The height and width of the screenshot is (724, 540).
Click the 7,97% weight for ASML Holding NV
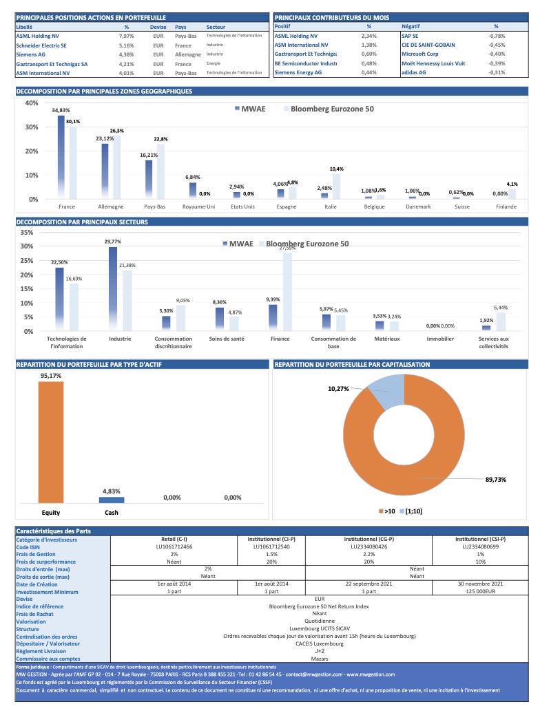(x=126, y=36)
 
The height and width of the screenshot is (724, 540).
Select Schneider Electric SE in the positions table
(x=41, y=45)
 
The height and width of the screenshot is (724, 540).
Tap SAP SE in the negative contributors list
(x=410, y=36)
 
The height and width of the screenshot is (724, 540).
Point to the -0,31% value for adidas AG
(x=497, y=72)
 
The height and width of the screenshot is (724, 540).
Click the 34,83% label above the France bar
(x=61, y=110)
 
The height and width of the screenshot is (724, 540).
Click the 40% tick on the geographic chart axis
(x=32, y=103)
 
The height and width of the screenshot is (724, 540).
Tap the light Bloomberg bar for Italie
(x=336, y=186)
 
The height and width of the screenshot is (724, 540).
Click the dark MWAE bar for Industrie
(x=113, y=289)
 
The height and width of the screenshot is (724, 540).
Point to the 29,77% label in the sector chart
(x=112, y=242)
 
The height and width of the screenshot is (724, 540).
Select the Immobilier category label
(x=440, y=339)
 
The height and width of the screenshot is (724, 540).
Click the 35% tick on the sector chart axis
(x=27, y=233)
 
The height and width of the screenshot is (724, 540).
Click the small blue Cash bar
(x=112, y=500)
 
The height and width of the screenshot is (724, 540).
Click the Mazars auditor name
(x=320, y=659)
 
